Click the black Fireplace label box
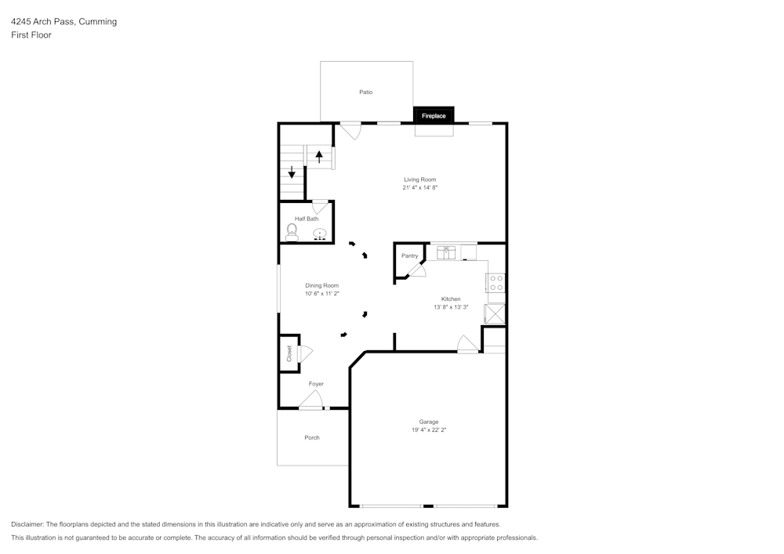point(434,116)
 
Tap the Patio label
point(365,92)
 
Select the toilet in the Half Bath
point(292,232)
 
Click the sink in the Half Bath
point(320,234)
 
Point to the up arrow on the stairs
point(319,155)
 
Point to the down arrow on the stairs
point(292,172)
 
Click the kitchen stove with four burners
point(495,283)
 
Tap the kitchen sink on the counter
point(446,252)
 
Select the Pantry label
point(409,256)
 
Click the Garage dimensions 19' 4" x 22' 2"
point(429,429)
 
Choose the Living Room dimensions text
point(419,187)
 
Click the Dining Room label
point(321,285)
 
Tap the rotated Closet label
point(289,353)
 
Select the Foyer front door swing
point(311,400)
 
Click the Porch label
point(312,437)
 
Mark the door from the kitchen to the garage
point(467,345)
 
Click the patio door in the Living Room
point(350,130)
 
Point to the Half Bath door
point(320,207)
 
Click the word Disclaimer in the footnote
point(27,524)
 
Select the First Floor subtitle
point(31,35)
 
